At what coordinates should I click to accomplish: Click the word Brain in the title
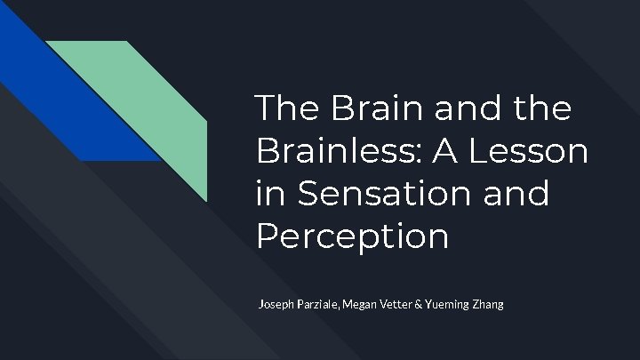[356, 108]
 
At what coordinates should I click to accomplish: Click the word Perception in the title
[351, 236]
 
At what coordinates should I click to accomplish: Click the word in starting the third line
[268, 193]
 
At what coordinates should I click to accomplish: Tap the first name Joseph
[276, 305]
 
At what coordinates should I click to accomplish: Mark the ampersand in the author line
[431, 305]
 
